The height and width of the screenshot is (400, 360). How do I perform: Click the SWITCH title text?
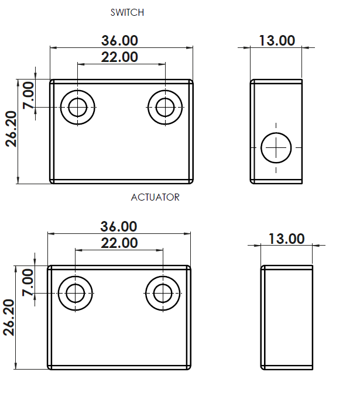point(127,12)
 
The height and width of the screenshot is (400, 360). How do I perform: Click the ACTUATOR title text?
point(155,197)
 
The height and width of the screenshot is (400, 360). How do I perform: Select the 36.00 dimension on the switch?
point(120,40)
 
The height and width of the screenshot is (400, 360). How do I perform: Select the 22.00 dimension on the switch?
point(120,57)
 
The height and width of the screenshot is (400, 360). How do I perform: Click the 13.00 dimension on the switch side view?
point(277,40)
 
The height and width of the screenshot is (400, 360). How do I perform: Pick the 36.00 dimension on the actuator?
point(119,226)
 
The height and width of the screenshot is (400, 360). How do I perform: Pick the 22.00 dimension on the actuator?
point(119,243)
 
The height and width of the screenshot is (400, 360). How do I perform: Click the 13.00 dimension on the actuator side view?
point(286,239)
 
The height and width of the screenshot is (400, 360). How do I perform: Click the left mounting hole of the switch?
point(77,108)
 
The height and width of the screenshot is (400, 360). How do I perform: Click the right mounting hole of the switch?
point(165,108)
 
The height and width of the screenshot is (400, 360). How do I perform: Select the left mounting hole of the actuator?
point(76,293)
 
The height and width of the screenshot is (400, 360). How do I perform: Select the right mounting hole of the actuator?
point(163,293)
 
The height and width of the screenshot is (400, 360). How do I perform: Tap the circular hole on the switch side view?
point(276,147)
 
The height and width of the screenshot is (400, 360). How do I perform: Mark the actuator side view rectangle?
point(287,318)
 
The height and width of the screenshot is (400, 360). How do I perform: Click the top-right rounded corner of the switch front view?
point(191,82)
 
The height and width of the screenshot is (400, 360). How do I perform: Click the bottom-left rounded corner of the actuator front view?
point(50,367)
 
